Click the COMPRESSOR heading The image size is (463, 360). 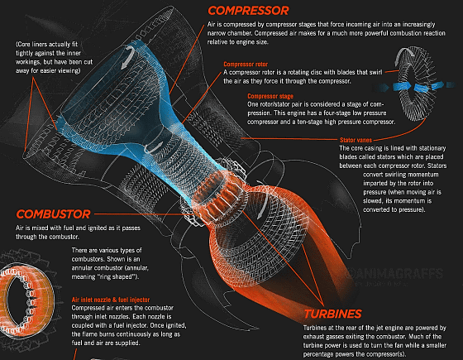point(248,11)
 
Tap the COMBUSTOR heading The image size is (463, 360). point(53,214)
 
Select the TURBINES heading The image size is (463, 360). point(332,314)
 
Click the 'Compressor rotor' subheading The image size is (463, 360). point(246,65)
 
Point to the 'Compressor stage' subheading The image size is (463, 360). point(270,96)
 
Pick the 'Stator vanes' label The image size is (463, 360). point(356,140)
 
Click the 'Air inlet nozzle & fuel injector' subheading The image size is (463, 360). point(111,300)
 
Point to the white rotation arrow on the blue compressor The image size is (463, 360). point(128,57)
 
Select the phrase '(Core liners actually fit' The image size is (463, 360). point(46,45)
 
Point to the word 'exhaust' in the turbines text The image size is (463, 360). point(313,337)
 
